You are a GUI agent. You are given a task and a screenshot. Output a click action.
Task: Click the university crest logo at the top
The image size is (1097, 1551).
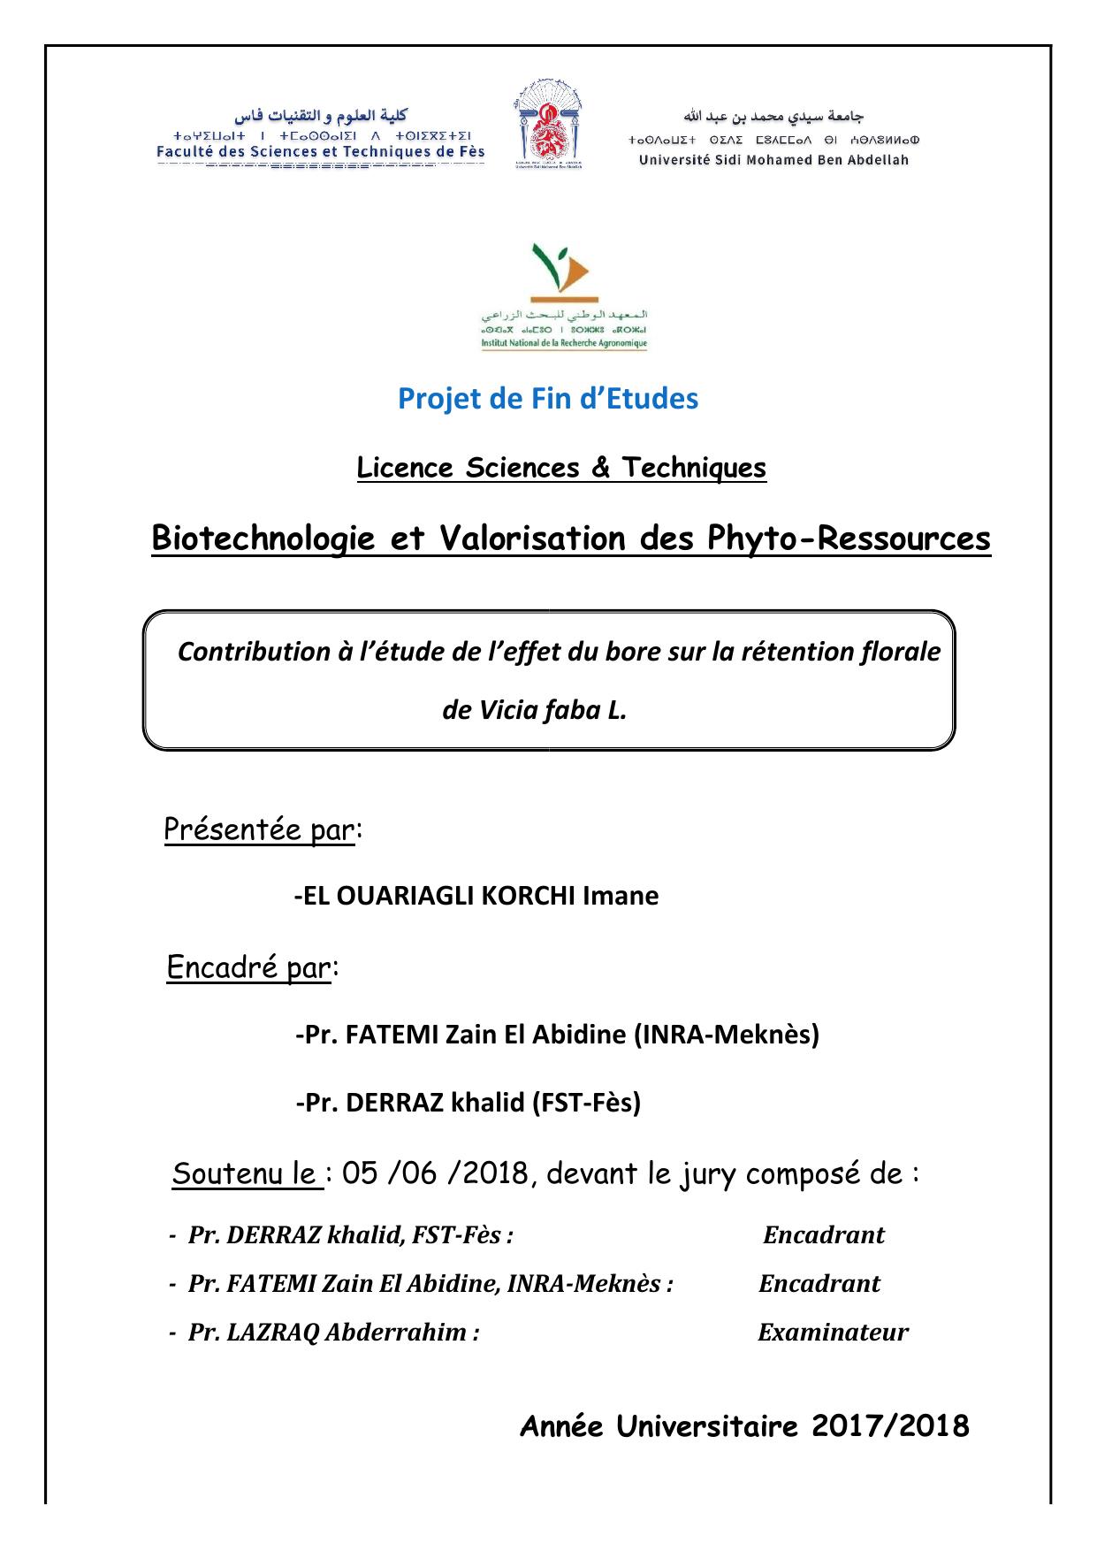coord(547,126)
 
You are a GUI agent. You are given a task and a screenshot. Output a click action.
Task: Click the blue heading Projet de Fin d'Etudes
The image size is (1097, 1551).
coord(548,399)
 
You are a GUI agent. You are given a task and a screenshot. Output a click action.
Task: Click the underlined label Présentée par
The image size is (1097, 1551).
coord(259,829)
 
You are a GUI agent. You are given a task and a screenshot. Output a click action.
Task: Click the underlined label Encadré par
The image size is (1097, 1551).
coord(248,967)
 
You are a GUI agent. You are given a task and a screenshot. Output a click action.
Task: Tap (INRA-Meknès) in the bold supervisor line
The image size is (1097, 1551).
coord(727,1034)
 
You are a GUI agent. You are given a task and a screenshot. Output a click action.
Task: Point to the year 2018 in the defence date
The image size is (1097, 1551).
coord(494,1173)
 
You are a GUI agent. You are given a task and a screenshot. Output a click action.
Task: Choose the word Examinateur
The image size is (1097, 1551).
coord(833,1332)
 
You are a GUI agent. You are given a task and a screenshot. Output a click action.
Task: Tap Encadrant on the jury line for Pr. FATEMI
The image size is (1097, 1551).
coord(819,1283)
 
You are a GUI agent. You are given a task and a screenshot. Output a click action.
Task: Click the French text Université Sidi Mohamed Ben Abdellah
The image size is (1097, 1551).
coord(773,160)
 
